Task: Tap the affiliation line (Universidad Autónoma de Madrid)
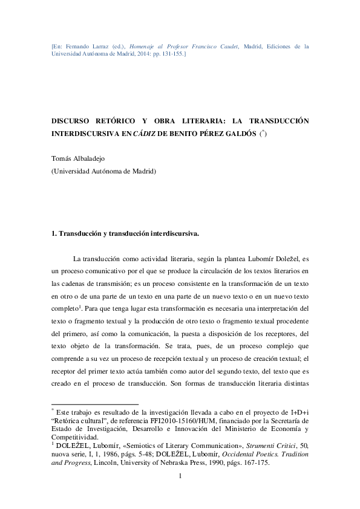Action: [103, 171]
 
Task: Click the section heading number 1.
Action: [54, 233]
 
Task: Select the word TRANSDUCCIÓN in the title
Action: [275, 120]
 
